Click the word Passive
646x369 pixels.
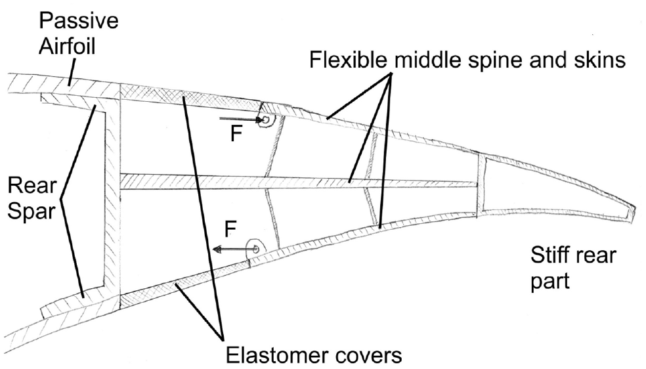point(78,20)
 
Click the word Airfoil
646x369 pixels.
point(67,46)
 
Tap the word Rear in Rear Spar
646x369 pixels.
point(32,186)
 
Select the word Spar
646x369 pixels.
point(32,211)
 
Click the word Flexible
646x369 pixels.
point(348,60)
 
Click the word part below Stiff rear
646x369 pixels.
point(550,282)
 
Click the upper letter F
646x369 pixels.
point(236,133)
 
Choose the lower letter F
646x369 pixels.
point(230,228)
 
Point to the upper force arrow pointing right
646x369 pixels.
point(242,119)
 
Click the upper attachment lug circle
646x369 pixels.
point(266,120)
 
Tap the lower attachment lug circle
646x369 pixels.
point(255,249)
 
